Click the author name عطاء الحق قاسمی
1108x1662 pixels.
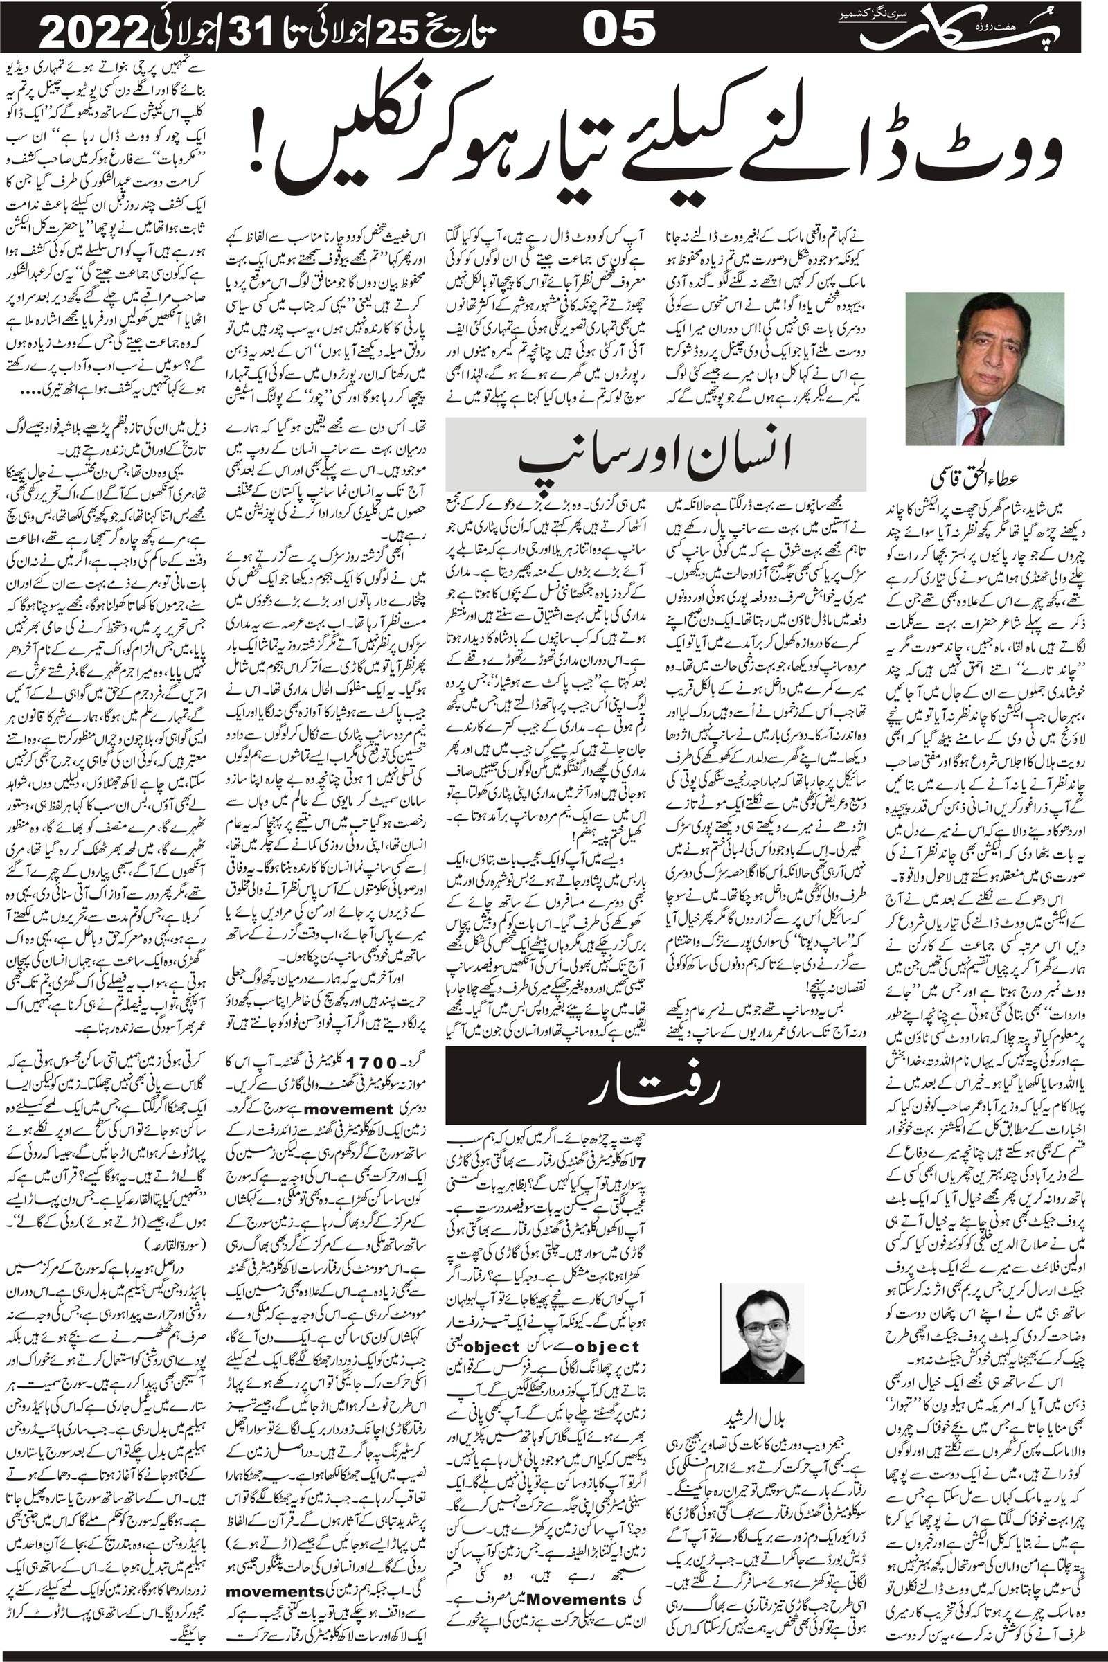point(984,481)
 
